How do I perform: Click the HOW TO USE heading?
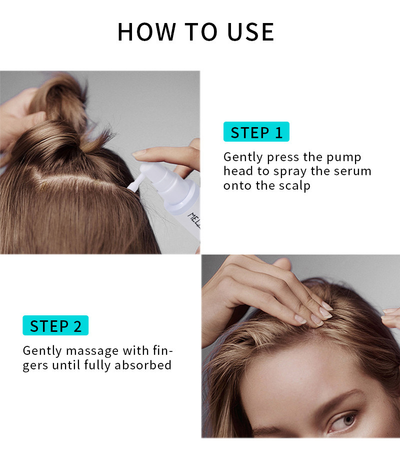(195, 32)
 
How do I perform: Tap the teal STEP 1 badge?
(256, 132)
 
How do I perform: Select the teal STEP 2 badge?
(55, 326)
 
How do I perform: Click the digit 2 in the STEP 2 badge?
(77, 326)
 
